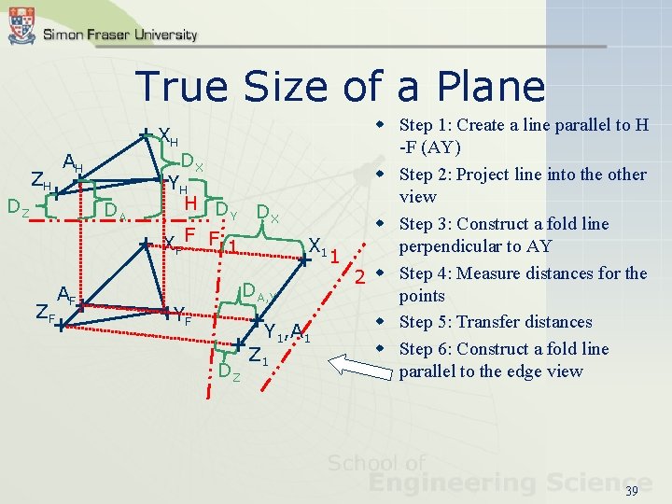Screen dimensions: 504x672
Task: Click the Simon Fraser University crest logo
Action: pos(21,25)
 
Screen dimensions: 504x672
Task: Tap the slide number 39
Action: pos(632,491)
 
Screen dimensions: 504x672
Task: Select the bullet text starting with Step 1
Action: pos(523,136)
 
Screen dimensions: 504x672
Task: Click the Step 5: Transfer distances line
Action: pos(496,322)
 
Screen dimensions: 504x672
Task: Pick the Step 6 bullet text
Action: pos(504,359)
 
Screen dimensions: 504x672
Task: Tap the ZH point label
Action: pos(40,181)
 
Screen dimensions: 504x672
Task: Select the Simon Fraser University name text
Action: pos(120,35)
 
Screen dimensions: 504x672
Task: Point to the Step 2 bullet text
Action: pos(523,185)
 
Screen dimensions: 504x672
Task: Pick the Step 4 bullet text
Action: pos(523,284)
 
